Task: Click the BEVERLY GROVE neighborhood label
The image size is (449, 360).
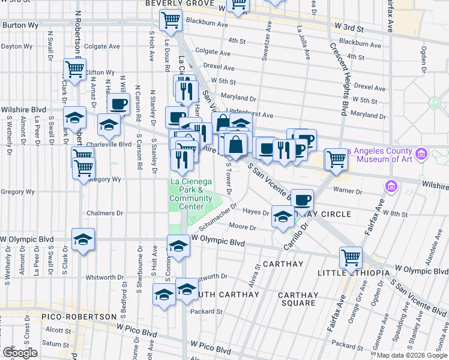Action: pyautogui.click(x=179, y=3)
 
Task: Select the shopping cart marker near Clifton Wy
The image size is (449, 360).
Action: pyautogui.click(x=75, y=69)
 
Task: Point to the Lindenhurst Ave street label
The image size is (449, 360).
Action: pyautogui.click(x=251, y=115)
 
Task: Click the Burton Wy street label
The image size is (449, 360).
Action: pyautogui.click(x=21, y=25)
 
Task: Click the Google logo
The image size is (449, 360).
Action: pyautogui.click(x=20, y=353)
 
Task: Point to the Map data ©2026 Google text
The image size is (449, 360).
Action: pyautogui.click(x=411, y=355)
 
